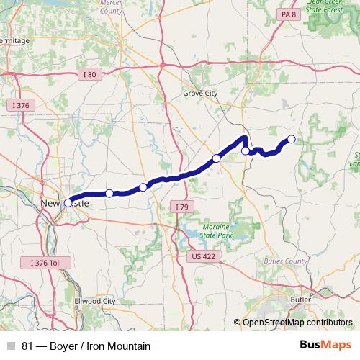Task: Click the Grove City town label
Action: tap(199, 94)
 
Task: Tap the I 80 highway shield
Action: tap(89, 74)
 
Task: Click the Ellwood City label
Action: tap(94, 301)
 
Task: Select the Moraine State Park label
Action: tap(215, 230)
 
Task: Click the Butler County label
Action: tap(289, 261)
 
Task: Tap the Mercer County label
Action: tap(110, 8)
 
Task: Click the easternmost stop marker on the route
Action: tap(292, 139)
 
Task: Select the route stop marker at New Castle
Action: tap(68, 203)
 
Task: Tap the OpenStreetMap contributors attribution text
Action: tap(297, 323)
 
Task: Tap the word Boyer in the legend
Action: tap(64, 346)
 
